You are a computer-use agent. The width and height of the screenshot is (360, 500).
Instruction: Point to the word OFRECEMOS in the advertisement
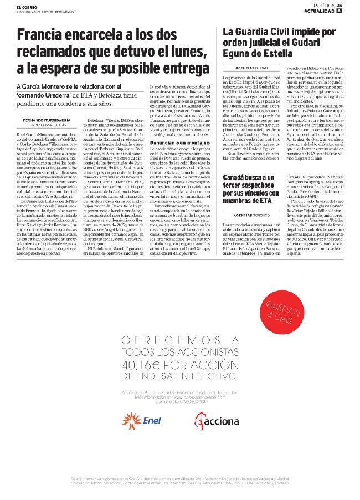click(x=161, y=340)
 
